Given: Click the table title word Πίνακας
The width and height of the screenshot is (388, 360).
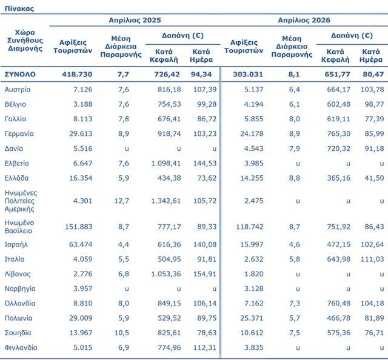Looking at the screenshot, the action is coord(19,8).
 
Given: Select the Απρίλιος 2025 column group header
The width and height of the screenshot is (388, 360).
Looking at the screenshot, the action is coord(135,20).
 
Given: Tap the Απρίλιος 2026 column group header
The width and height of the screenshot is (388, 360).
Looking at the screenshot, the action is coord(304,20).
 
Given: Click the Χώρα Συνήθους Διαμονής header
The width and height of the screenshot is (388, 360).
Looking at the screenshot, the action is coord(25,41).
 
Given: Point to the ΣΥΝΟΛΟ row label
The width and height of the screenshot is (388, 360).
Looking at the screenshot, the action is coord(20,74).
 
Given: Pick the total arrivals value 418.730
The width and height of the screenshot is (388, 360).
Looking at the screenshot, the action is coord(77,74).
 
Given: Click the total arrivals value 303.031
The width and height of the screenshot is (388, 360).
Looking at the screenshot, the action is coord(248,74).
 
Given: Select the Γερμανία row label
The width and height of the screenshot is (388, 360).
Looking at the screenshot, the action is coord(19,133).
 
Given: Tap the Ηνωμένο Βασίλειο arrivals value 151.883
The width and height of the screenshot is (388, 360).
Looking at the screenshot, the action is coord(79,227).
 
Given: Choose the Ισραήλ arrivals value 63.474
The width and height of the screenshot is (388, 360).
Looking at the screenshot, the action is coord(81,244).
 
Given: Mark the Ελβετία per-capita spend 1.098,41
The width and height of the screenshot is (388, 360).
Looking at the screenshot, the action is coord(166,163).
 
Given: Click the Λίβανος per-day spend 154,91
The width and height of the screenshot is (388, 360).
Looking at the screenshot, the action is coord(205,274).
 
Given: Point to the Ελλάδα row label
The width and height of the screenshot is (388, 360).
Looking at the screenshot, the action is coord(16,178).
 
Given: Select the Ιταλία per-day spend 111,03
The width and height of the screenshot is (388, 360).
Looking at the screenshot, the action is coord(372,259).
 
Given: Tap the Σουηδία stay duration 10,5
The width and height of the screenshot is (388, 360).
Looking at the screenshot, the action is coord(122,333).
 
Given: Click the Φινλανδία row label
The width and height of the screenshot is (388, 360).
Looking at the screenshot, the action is coord(21,347).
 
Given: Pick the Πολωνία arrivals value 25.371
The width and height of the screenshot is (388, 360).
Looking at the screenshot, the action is coord(252,318).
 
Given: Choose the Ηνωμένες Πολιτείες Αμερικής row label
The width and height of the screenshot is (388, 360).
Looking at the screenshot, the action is coord(21,201).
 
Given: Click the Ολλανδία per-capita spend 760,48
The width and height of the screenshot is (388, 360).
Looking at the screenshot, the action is coord(338,304).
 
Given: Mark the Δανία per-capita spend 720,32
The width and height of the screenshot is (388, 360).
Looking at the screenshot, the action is coord(338,148).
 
